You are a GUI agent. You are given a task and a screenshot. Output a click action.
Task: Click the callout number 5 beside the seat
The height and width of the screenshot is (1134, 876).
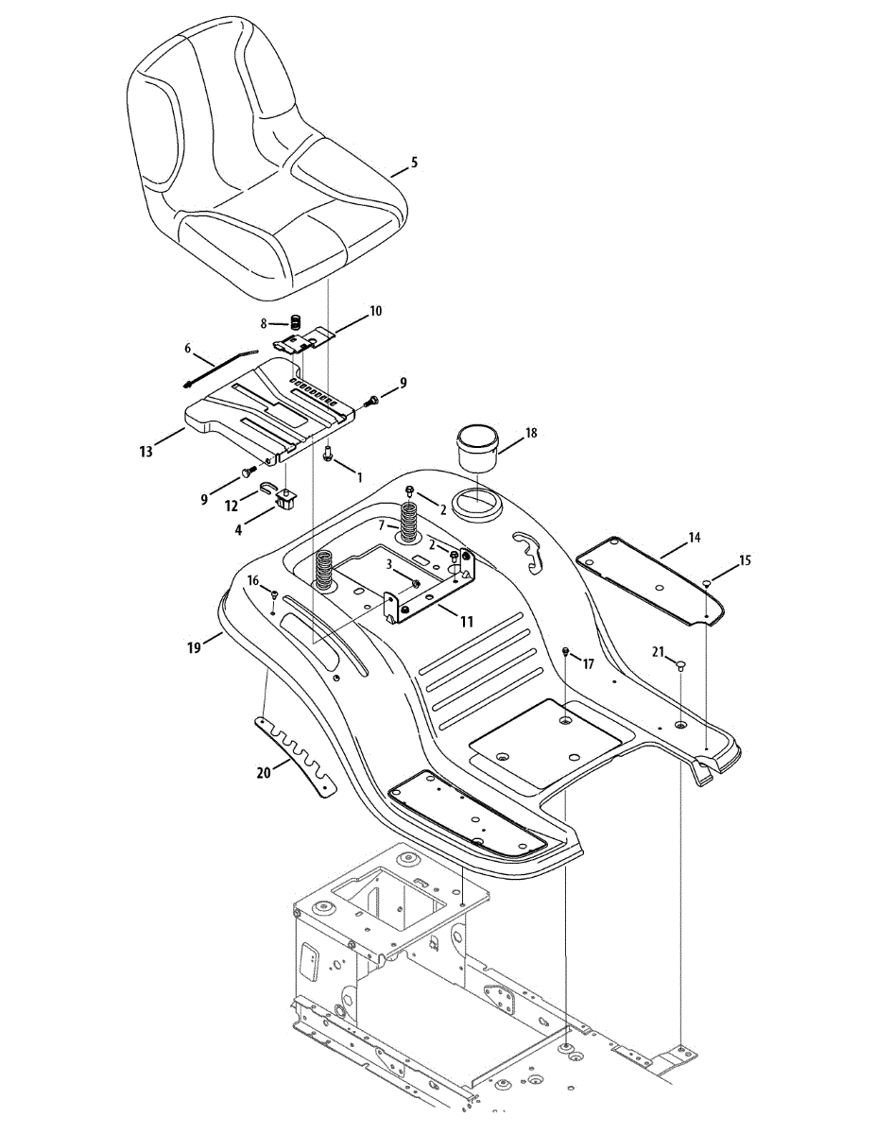[x=413, y=163]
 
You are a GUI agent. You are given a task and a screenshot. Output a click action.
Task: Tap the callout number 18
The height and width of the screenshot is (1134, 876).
[x=531, y=433]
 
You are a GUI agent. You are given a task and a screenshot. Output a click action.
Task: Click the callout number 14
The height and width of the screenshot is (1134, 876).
[x=695, y=538]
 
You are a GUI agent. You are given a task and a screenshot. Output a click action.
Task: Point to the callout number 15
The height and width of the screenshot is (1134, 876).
[x=746, y=560]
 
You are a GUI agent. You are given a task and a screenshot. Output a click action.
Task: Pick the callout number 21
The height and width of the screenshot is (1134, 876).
[x=660, y=650]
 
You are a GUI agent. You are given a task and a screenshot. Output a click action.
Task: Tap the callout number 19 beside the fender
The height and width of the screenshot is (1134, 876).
[x=195, y=647]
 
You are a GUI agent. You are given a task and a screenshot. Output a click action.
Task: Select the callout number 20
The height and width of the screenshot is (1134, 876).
[x=264, y=772]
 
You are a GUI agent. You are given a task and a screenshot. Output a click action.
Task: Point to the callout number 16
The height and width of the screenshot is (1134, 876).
[x=253, y=579]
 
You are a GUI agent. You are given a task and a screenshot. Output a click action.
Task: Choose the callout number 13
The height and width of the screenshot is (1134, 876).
[x=145, y=453]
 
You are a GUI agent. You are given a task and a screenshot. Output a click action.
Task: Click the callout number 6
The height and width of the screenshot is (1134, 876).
[x=187, y=348]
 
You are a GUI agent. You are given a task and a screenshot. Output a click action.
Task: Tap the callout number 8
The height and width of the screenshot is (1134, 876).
[x=266, y=323]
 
